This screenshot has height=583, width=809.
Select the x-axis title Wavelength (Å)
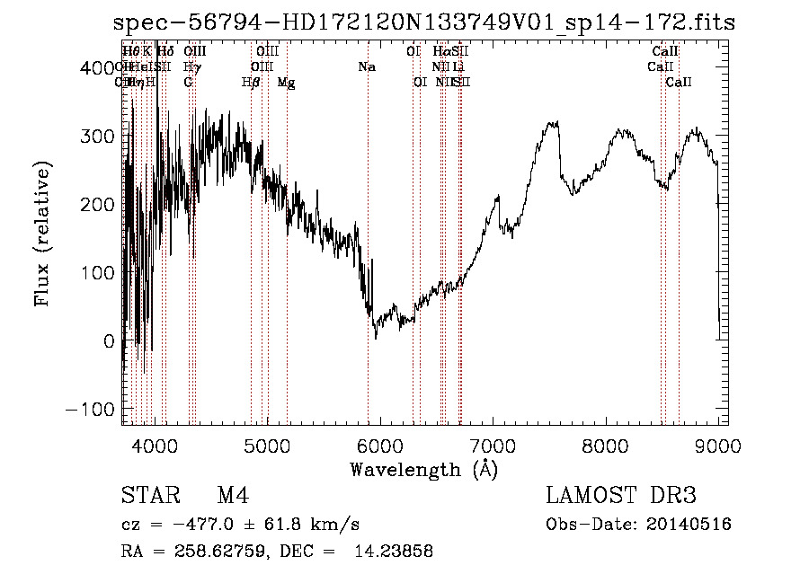coord(423,469)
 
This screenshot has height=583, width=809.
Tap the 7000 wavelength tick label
coord(493,445)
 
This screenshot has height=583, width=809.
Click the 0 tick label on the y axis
coord(109,341)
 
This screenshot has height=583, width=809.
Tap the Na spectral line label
coord(367,67)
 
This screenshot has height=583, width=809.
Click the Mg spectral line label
coord(286,83)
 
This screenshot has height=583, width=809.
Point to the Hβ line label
coord(251,83)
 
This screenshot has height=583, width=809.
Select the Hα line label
coord(440,52)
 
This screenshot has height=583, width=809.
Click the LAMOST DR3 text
coord(620,496)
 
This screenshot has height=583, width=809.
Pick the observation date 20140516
coord(689,525)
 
